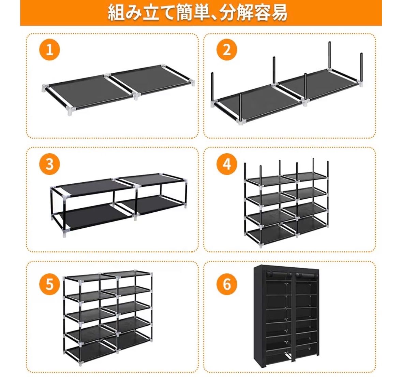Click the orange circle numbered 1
point(49,49)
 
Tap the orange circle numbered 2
point(227,49)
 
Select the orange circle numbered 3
point(49,164)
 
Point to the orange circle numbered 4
point(227,164)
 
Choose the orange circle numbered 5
point(49,284)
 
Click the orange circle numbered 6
point(227,284)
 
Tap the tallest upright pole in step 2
point(330,55)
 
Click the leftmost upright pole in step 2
point(212,87)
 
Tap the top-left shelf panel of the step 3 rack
point(90,186)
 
